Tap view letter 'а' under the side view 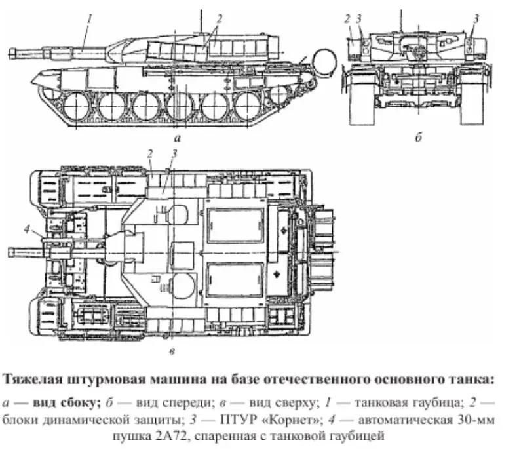178,139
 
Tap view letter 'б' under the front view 418,139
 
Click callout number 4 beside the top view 26,228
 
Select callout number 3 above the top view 174,153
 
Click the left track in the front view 363,98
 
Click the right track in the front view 472,98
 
